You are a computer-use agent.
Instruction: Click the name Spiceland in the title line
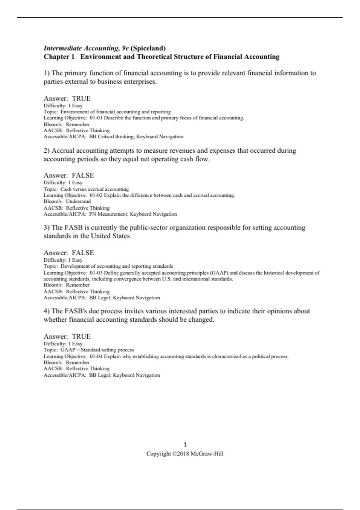tap(148, 48)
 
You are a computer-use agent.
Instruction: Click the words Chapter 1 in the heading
tap(59, 57)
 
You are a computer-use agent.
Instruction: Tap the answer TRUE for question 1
tap(81, 98)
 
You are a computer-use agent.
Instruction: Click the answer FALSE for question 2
tap(83, 175)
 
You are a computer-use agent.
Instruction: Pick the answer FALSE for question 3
tap(83, 253)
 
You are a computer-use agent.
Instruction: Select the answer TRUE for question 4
tap(81, 337)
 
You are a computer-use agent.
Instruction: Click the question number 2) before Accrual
tap(46, 151)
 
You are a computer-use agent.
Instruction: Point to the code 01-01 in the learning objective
tap(96, 118)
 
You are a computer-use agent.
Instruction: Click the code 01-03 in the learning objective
tap(96, 273)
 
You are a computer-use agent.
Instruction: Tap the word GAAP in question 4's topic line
tap(68, 350)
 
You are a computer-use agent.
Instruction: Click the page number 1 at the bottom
tap(185, 445)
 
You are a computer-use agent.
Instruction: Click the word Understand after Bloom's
tap(78, 202)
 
